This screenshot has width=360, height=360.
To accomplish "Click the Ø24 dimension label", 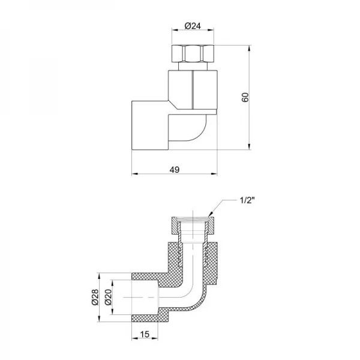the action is point(193,26).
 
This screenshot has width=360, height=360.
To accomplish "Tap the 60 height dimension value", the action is point(245,97).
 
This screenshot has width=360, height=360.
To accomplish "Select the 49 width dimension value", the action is point(175,170).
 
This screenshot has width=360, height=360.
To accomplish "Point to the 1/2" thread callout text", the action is point(247,200).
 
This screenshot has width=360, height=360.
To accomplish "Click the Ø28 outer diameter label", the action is point(95,297).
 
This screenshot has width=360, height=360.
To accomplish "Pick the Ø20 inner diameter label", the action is point(108,297).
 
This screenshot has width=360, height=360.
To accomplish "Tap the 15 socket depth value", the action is point(145,334).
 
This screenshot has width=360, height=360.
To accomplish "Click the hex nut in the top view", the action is point(193,53).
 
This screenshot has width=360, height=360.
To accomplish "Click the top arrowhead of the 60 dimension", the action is point(250,48).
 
